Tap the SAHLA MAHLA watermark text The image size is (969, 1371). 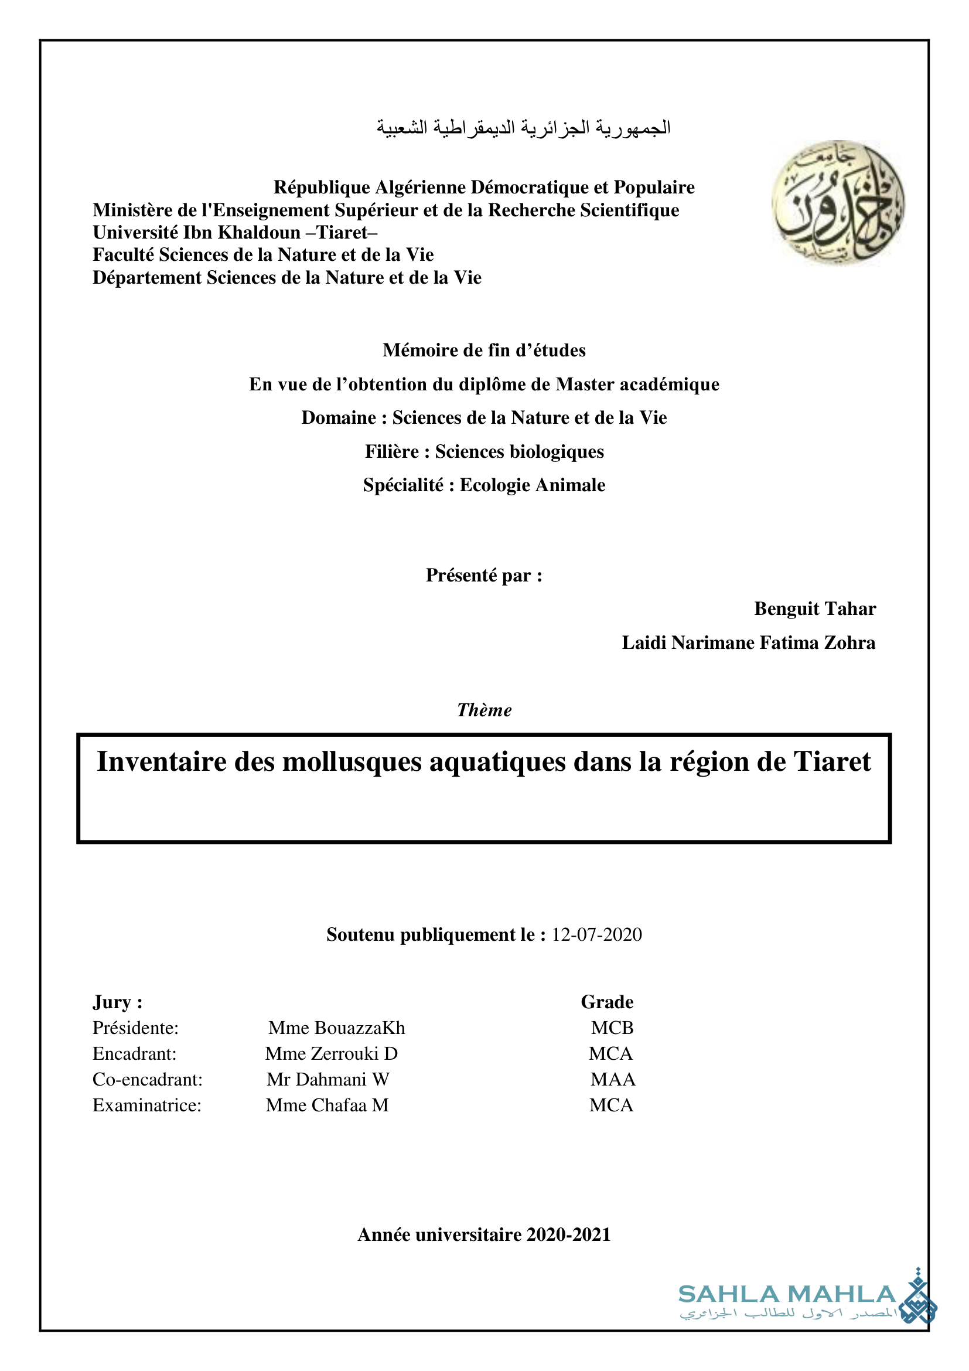787,1295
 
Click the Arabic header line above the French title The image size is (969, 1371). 523,128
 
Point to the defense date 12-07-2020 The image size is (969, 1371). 596,934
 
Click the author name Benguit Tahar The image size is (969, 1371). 814,608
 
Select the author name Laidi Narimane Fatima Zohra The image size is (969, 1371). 748,642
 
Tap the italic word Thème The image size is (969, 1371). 484,710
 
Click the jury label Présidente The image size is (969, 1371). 135,1028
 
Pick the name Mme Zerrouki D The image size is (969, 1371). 331,1053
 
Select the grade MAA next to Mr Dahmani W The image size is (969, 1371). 613,1079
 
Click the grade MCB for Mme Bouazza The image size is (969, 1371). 612,1028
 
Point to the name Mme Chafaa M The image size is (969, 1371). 327,1105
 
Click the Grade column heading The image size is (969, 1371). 607,1002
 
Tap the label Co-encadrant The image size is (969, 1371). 148,1079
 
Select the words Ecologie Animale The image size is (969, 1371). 532,485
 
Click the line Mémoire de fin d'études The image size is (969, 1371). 484,350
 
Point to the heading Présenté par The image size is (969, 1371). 484,575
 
